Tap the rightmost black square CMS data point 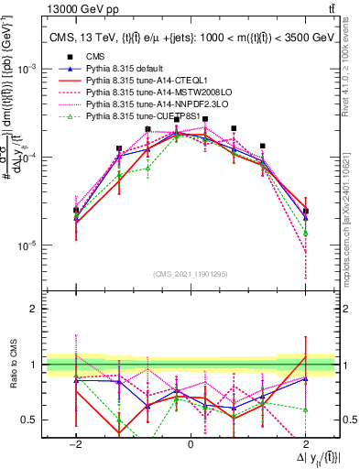coord(305,212)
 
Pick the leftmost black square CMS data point coord(76,210)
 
